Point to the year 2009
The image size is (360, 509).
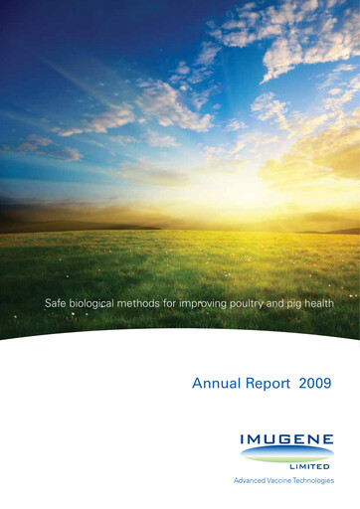point(315,383)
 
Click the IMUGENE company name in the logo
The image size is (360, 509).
point(285,439)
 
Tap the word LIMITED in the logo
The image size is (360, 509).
point(311,465)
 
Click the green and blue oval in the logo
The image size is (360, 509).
point(285,452)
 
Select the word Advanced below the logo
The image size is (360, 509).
point(250,481)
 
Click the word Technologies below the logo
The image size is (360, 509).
point(315,481)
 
